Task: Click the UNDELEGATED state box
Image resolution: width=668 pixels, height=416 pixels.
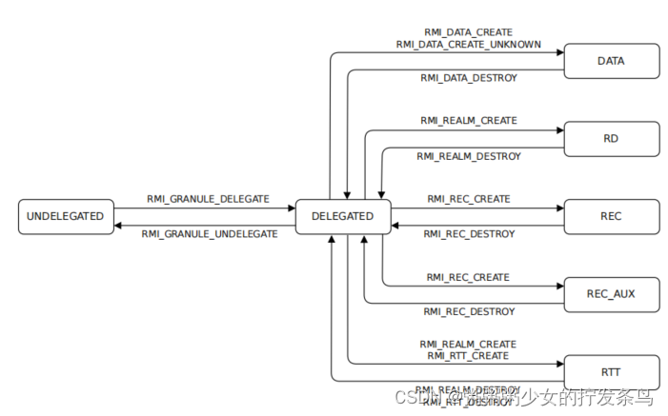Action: point(66,216)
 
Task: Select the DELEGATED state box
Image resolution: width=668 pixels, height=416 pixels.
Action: point(342,216)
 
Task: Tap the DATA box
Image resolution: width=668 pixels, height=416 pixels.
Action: point(611,61)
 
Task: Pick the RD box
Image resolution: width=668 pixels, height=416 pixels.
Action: point(611,138)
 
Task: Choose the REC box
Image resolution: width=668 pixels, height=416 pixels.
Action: point(611,216)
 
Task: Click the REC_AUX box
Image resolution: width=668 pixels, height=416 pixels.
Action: point(611,294)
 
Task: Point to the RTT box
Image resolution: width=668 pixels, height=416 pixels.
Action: point(611,371)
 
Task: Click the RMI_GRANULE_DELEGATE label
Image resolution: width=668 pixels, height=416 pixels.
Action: point(208,199)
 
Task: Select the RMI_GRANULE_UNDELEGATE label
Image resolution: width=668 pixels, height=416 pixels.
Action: point(210,233)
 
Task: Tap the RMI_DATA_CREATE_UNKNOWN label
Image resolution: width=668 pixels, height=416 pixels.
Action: point(469,44)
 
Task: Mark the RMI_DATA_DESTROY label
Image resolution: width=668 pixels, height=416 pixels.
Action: point(469,78)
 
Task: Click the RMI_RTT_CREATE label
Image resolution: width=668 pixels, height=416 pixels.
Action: point(469,355)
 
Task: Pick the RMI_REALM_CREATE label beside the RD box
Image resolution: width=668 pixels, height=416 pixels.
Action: point(469,121)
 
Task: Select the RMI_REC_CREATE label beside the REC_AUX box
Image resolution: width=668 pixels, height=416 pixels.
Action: point(469,277)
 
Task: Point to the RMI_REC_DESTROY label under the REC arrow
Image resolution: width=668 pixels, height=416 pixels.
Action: point(469,233)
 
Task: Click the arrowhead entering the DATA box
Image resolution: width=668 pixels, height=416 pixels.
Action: point(559,52)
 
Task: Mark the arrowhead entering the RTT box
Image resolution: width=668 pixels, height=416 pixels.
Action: point(559,363)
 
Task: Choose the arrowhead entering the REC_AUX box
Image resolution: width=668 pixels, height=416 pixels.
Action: point(559,286)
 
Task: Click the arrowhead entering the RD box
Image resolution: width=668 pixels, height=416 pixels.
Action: point(559,129)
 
